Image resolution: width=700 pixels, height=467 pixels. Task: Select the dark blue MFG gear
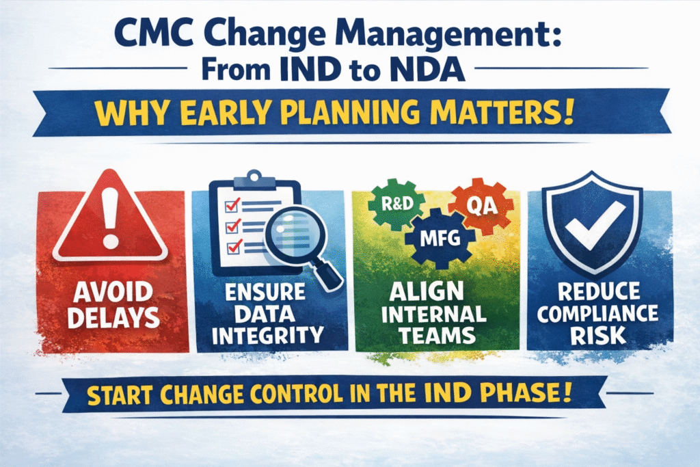438,239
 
